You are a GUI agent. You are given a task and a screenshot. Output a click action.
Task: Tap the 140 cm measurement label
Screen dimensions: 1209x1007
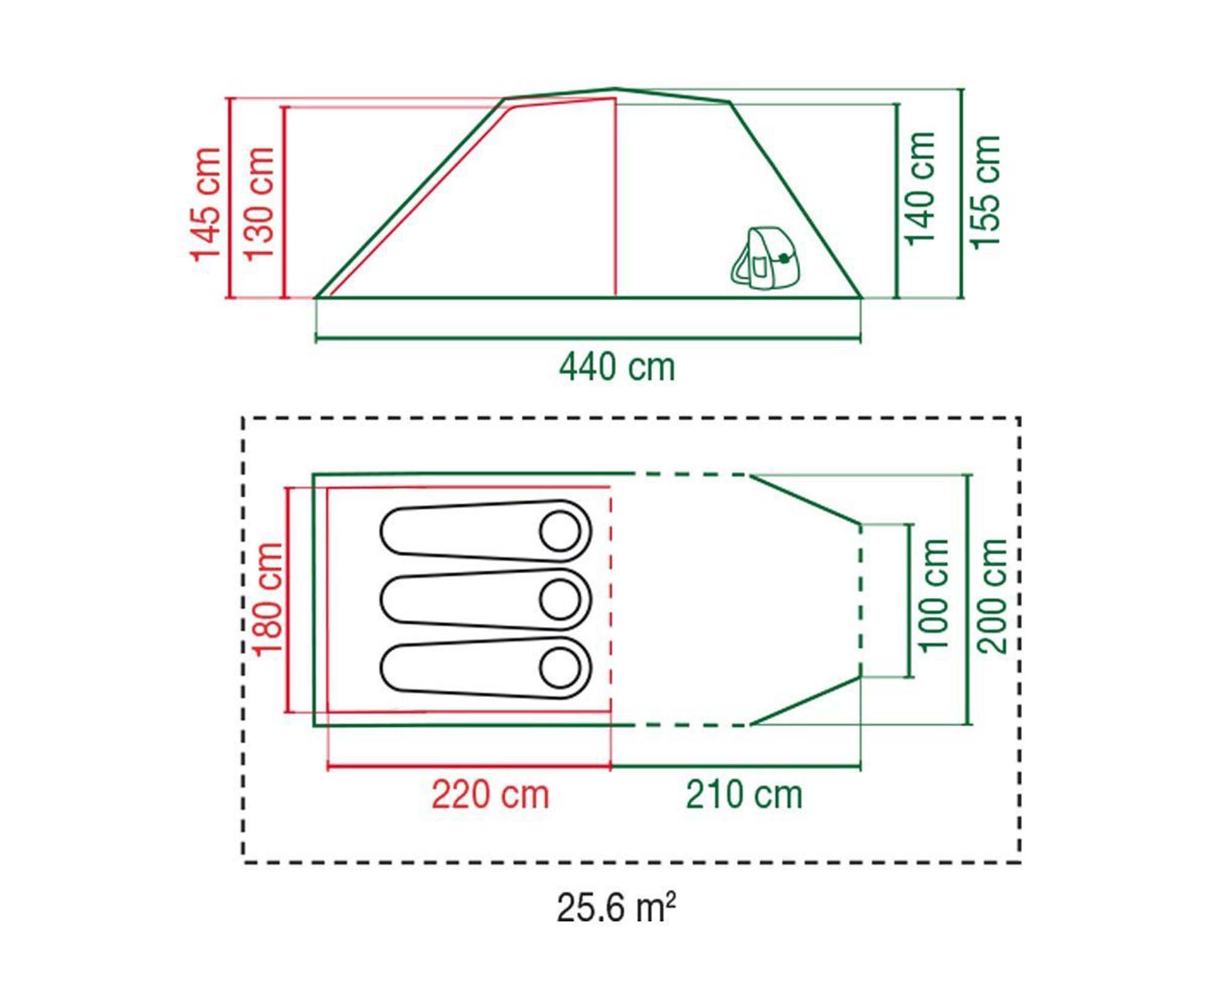(x=921, y=189)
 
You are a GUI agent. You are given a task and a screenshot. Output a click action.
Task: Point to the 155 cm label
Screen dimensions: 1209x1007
(x=985, y=192)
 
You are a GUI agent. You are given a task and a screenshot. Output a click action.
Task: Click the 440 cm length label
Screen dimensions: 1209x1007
(x=617, y=367)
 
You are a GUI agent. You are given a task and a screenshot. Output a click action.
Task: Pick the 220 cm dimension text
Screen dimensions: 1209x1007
(x=490, y=795)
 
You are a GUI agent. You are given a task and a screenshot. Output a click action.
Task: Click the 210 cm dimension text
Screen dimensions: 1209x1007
(x=744, y=795)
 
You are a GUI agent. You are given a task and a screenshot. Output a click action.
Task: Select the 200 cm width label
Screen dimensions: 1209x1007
(x=992, y=596)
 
